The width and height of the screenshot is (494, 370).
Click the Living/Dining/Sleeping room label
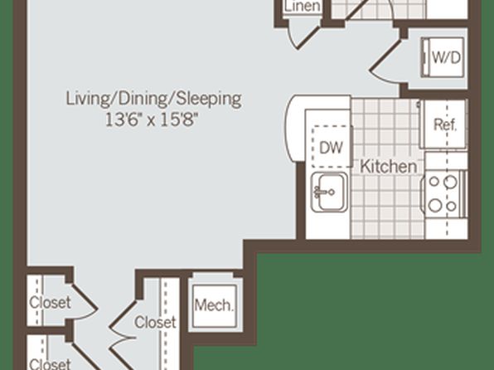click(153, 99)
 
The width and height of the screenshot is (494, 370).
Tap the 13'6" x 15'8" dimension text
click(153, 119)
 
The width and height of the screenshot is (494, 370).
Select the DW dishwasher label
click(331, 148)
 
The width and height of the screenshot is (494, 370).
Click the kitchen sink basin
click(330, 192)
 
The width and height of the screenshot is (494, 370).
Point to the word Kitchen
click(388, 166)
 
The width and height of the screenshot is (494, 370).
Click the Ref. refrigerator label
click(445, 124)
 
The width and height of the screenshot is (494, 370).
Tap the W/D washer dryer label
click(446, 57)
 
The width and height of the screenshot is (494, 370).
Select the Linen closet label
click(302, 6)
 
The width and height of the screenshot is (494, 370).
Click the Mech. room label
click(214, 305)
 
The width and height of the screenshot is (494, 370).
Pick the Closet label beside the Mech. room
click(155, 322)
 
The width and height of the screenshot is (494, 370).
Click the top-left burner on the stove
click(434, 181)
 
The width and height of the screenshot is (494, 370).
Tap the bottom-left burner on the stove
click(435, 206)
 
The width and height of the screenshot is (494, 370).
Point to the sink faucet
click(323, 192)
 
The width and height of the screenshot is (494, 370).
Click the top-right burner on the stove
click(451, 182)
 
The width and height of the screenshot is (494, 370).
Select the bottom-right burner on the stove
click(452, 207)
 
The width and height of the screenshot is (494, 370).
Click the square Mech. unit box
click(214, 306)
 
